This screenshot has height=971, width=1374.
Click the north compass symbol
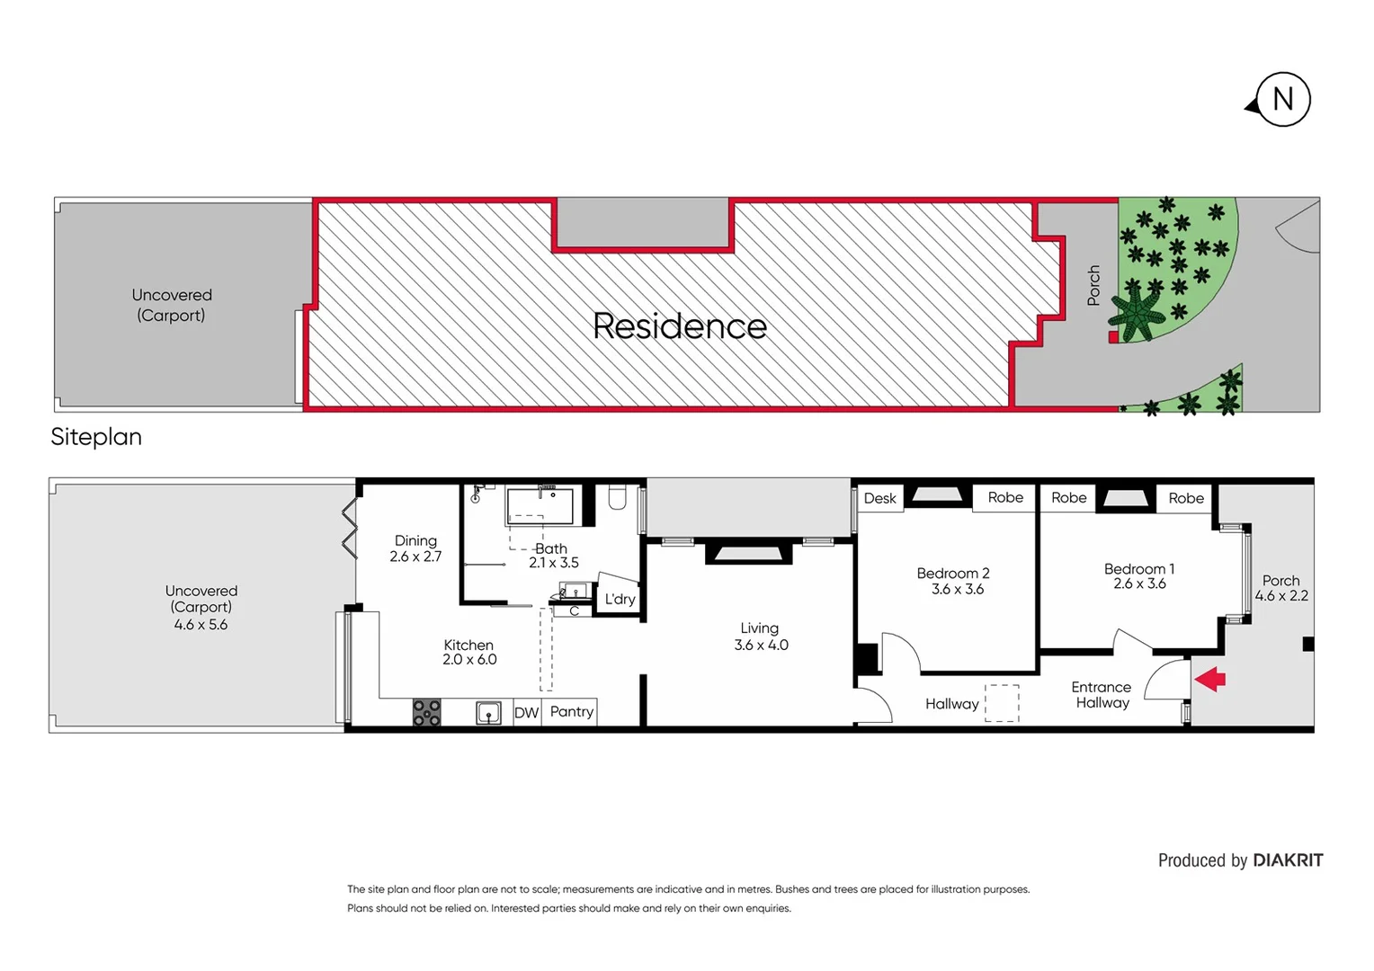(x=1281, y=100)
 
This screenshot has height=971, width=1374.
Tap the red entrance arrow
(x=1210, y=679)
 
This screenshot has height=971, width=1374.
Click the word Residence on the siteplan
(x=680, y=326)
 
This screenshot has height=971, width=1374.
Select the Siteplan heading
(x=96, y=437)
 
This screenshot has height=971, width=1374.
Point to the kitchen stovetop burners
(x=426, y=712)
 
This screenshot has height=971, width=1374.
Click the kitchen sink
(x=488, y=713)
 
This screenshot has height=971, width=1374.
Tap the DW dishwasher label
(x=526, y=713)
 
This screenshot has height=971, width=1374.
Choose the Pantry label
(x=572, y=711)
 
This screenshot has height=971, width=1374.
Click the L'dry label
(x=620, y=600)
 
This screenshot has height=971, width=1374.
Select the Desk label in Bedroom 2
(x=879, y=498)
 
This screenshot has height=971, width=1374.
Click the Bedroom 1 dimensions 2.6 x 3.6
(x=1139, y=584)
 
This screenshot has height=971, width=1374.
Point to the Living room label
(x=760, y=628)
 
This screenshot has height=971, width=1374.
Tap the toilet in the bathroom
(x=617, y=497)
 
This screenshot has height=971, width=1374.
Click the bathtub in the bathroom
(x=540, y=505)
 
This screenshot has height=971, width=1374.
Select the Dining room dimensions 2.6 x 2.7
(x=415, y=557)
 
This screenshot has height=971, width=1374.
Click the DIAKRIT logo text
(x=1288, y=860)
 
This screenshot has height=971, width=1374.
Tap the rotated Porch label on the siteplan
(x=1093, y=285)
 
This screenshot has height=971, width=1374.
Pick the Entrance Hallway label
(x=1102, y=695)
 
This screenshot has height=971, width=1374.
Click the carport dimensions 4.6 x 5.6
(x=201, y=625)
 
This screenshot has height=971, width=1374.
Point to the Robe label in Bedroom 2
(x=1005, y=498)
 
